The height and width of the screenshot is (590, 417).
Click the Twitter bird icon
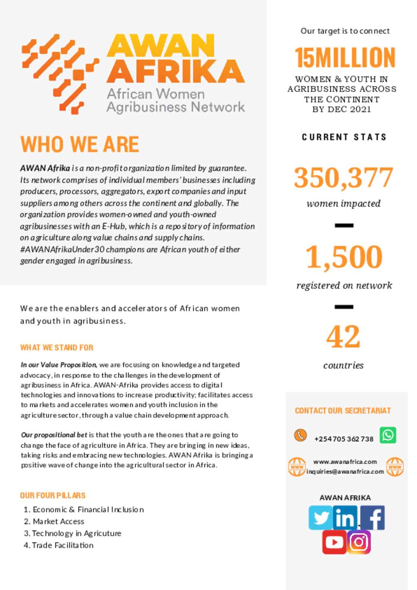320,518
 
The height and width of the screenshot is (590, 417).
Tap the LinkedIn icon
345,518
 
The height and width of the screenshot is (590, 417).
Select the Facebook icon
372,518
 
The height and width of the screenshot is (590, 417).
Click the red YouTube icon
334,542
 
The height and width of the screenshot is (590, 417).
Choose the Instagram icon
359,542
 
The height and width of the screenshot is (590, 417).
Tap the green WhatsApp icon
388,435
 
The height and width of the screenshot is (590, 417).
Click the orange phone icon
301,435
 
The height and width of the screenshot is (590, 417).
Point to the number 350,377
344,177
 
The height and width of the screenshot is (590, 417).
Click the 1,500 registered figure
344,257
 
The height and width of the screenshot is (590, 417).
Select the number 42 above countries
343,337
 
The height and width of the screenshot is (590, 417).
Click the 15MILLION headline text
345,57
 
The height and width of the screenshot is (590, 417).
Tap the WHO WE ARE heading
80,144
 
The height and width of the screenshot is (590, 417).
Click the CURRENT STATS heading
344,137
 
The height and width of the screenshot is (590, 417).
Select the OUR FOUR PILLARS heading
53,495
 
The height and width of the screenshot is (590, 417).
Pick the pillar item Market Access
58,521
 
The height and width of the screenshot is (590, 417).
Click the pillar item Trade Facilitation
63,545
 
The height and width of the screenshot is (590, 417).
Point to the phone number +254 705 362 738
344,439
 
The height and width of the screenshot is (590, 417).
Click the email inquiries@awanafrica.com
345,471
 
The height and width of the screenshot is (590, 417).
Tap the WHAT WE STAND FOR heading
57,347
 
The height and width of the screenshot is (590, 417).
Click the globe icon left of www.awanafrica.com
297,467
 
